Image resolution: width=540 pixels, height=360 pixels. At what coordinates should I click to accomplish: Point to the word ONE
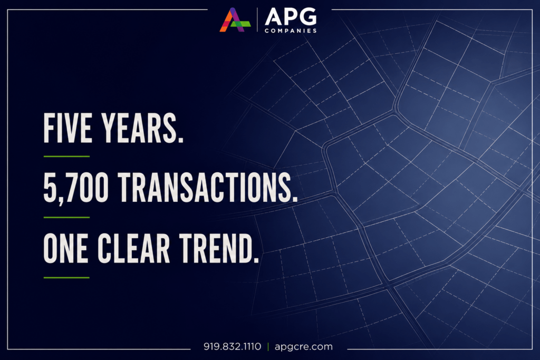click(x=65, y=248)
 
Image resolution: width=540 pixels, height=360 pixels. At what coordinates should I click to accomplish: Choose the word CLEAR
click(x=134, y=248)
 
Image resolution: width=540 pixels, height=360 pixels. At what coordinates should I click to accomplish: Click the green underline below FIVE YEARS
click(x=66, y=156)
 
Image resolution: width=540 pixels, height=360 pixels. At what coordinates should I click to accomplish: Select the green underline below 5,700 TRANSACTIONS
click(x=66, y=217)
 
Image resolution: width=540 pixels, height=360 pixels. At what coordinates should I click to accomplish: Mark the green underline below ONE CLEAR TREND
click(x=66, y=277)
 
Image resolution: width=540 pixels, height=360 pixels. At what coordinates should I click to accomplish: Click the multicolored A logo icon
click(x=235, y=20)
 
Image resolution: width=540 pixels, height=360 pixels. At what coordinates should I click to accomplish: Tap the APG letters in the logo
click(x=291, y=17)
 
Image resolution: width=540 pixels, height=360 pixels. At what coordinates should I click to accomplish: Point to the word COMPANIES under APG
click(x=291, y=31)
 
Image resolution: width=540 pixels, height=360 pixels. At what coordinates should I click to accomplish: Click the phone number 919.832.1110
click(x=233, y=346)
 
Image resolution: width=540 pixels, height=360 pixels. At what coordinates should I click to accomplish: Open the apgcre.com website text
click(x=304, y=347)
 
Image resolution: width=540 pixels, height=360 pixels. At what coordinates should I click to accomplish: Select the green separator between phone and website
click(x=268, y=347)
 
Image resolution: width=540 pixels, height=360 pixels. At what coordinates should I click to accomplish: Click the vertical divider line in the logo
click(x=257, y=20)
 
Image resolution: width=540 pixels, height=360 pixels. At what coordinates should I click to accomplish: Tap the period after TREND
click(x=256, y=260)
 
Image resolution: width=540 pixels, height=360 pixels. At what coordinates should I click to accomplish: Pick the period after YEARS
click(x=180, y=140)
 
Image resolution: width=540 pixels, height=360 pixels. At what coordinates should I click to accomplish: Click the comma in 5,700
click(x=61, y=201)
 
